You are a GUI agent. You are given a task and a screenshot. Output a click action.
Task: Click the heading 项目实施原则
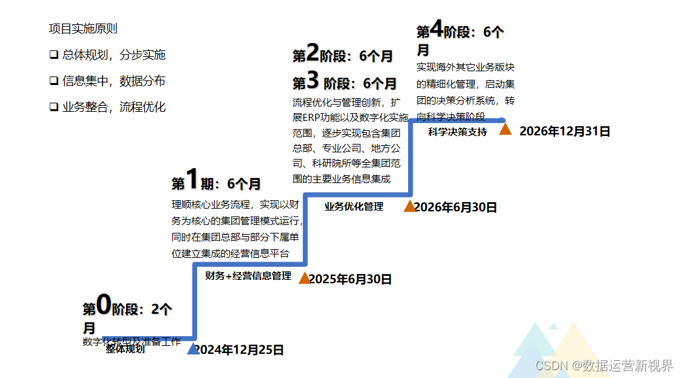tap(83, 29)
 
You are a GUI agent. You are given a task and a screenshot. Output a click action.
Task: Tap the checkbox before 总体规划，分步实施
tap(54, 55)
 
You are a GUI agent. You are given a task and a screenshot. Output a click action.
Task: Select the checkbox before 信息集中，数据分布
tap(54, 81)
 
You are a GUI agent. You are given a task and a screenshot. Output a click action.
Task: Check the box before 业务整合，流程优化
tap(54, 107)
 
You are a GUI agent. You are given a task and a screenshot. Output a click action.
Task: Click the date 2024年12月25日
tap(240, 350)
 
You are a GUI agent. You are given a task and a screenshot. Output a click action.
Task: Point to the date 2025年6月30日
tap(350, 279)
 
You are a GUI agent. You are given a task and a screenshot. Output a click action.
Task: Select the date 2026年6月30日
tap(456, 207)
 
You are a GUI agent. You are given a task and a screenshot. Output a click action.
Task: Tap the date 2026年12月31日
tap(565, 131)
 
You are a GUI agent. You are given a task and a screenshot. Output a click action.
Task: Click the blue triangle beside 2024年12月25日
tap(193, 349)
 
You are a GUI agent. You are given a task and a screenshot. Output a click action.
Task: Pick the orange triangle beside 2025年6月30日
tap(304, 278)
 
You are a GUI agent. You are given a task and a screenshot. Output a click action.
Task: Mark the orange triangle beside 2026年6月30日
tap(409, 207)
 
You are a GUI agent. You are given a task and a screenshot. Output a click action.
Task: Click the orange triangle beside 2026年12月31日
tap(505, 129)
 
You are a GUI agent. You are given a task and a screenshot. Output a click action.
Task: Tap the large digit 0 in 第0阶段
tap(104, 304)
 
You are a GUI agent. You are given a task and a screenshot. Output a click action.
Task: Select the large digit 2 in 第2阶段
tap(313, 52)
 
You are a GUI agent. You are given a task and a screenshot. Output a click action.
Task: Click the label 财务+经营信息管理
tap(248, 276)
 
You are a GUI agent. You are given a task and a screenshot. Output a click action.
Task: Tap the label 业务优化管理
tap(354, 207)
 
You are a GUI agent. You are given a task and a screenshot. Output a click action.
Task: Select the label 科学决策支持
tap(458, 131)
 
